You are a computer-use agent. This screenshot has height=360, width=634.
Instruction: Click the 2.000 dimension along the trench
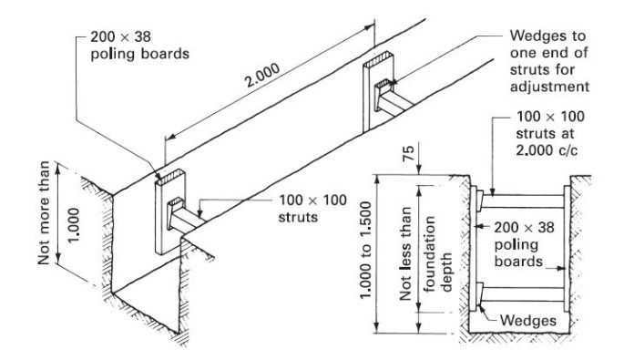[x=263, y=76]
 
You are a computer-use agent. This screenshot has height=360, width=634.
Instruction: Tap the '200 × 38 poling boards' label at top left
[x=139, y=46]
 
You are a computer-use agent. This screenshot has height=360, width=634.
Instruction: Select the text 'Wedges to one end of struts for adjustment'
[x=548, y=61]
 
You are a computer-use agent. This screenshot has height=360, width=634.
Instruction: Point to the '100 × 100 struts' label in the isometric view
[x=312, y=209]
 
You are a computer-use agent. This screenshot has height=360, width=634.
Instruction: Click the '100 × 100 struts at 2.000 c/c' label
[x=550, y=133]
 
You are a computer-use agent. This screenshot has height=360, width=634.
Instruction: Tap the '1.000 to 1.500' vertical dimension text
[x=365, y=251]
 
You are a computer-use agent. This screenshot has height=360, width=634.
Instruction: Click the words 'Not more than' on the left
[x=44, y=212]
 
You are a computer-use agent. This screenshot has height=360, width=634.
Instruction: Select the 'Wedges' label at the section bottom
[x=527, y=321]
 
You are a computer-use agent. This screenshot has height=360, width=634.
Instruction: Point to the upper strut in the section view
[x=523, y=201]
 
